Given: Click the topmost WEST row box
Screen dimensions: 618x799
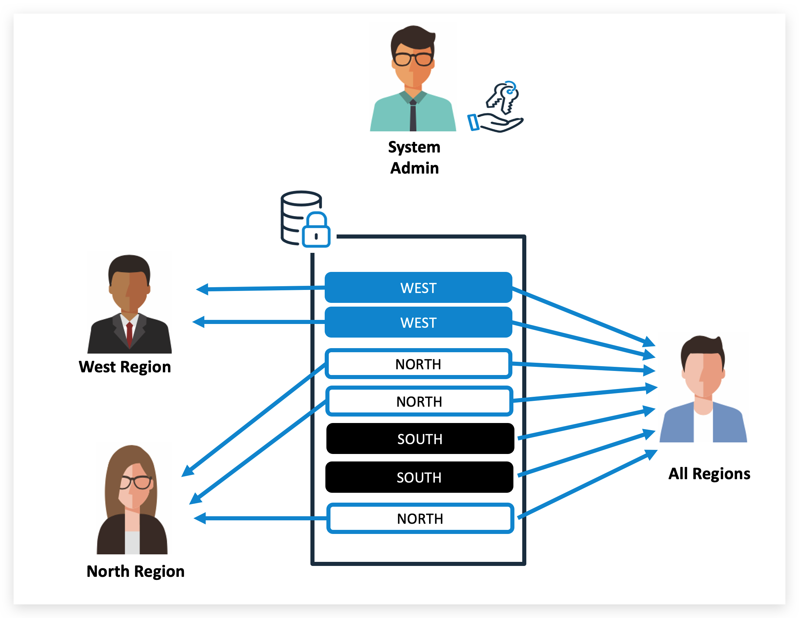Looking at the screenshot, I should click(418, 288).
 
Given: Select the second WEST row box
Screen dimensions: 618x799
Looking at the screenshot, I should click(418, 323).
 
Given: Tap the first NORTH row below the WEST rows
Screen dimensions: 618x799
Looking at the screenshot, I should click(418, 364).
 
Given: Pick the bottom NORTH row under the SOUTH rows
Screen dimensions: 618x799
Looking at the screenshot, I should click(420, 518).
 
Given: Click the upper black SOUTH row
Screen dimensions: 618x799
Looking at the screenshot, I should click(420, 439).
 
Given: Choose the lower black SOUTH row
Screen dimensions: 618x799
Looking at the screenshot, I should click(419, 477).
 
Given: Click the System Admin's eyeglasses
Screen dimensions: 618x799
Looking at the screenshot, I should click(413, 59).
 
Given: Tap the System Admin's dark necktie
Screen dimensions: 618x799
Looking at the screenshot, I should click(413, 115).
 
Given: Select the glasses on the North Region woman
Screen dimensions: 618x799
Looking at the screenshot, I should click(135, 482).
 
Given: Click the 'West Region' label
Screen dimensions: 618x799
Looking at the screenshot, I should click(125, 367).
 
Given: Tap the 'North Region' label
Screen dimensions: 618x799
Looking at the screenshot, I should click(135, 571).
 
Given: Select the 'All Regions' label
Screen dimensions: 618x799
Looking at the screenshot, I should click(709, 473).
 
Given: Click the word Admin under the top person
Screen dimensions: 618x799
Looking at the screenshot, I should click(414, 168).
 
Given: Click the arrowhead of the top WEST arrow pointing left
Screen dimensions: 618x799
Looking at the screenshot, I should click(203, 289).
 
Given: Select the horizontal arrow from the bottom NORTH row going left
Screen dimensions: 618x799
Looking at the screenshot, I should click(260, 518).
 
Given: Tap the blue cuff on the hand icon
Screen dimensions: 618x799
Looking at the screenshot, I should click(473, 122).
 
